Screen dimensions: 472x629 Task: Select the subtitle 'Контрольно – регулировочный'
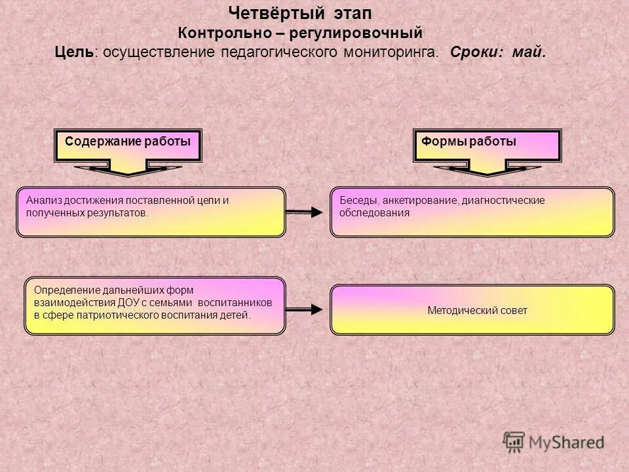pyautogui.click(x=301, y=33)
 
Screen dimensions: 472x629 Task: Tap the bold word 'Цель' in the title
pyautogui.click(x=74, y=52)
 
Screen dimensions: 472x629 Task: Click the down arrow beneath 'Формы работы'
pyautogui.click(x=487, y=170)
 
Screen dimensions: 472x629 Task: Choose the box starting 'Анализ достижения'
pyautogui.click(x=151, y=212)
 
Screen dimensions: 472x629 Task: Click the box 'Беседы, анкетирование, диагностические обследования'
pyautogui.click(x=472, y=212)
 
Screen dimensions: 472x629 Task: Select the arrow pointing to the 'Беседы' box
pyautogui.click(x=306, y=212)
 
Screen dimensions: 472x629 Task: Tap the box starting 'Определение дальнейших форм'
pyautogui.click(x=155, y=306)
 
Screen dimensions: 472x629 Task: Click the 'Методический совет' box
pyautogui.click(x=472, y=310)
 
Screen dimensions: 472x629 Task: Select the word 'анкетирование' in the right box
pyautogui.click(x=418, y=201)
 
